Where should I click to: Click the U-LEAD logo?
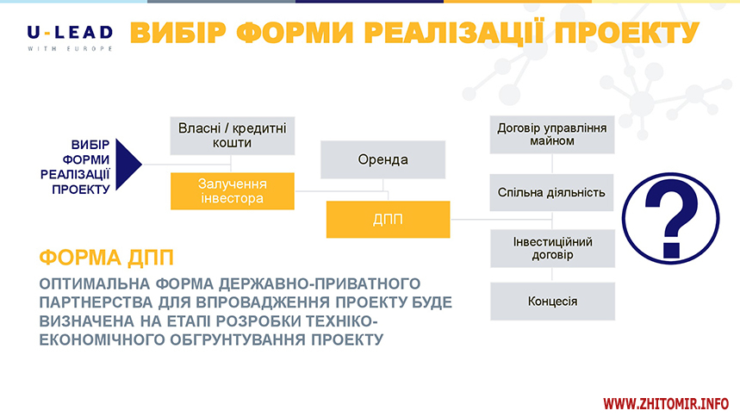tap(70, 38)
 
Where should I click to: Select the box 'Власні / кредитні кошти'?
tap(233, 136)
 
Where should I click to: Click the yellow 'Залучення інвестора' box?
tap(233, 190)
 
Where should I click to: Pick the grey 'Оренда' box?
tap(382, 159)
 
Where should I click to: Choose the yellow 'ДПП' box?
tap(388, 220)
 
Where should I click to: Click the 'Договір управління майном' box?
tap(552, 134)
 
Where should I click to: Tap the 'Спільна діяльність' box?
tap(551, 193)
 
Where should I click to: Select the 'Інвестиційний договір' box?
tap(553, 248)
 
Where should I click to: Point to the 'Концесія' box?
tap(553, 302)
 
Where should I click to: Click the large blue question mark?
tap(671, 219)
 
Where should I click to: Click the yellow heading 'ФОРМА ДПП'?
tap(107, 258)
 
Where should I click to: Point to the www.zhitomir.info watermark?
tap(666, 404)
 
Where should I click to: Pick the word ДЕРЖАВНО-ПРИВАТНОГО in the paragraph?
tap(320, 283)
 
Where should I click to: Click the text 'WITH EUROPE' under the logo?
tap(70, 48)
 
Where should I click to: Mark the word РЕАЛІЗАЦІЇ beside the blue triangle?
tap(75, 175)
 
